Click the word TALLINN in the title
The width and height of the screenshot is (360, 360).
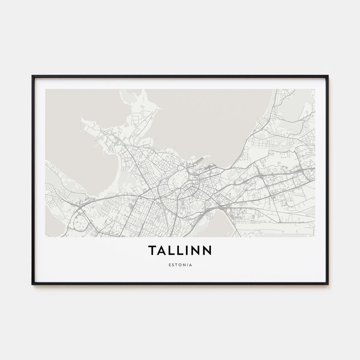click(180, 250)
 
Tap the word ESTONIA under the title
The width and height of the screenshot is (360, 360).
click(180, 264)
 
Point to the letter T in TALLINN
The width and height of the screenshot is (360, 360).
click(152, 250)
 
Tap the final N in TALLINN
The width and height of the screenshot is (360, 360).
click(207, 250)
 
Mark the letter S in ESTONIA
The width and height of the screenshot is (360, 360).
click(173, 264)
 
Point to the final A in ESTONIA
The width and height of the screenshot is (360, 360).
click(190, 264)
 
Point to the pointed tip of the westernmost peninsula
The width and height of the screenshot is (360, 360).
click(81, 117)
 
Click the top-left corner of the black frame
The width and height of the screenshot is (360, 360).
click(33, 76)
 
